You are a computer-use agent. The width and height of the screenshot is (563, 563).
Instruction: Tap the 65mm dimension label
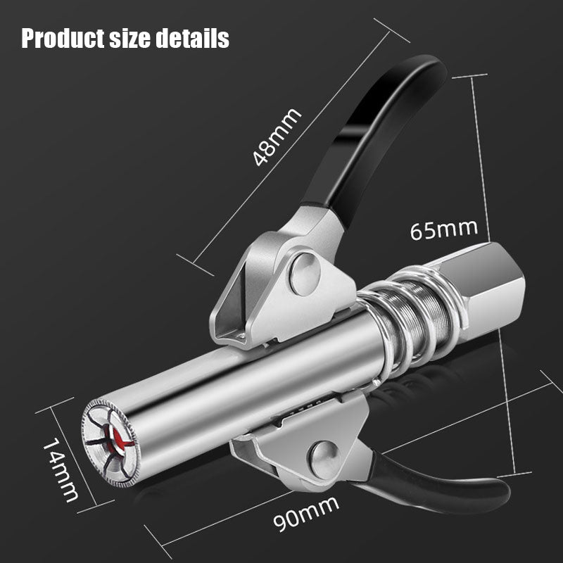443,229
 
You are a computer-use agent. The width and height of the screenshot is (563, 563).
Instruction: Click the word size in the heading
139,38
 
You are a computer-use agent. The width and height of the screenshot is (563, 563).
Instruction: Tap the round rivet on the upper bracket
305,274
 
